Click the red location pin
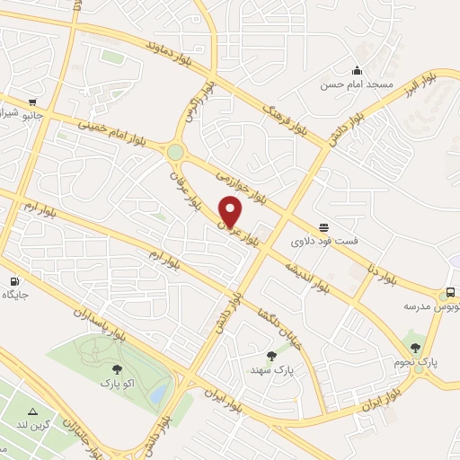point(231,211)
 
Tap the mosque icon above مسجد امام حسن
point(358,71)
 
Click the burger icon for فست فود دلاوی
point(323,228)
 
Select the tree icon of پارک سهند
point(272,356)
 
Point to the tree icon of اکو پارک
point(116,368)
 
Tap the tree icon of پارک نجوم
point(414,348)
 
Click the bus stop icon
point(450,293)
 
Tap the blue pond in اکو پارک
point(158,394)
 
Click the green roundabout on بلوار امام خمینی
point(175,153)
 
